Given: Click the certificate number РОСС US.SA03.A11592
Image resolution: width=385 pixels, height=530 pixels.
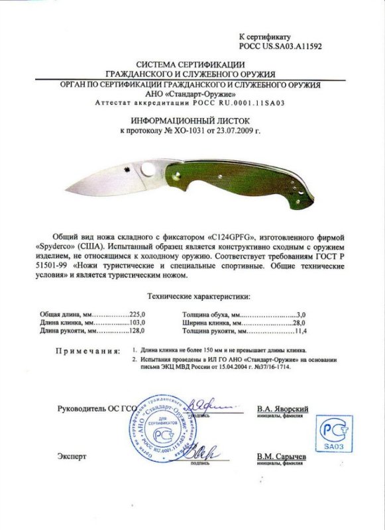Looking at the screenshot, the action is pos(280,47).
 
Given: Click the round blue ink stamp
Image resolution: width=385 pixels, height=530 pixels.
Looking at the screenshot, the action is pos(158,431).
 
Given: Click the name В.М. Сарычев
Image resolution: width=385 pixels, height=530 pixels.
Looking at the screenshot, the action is pos(281,457).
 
